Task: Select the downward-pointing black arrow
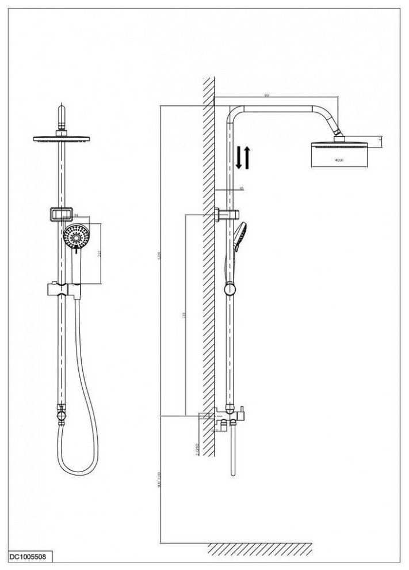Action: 239,158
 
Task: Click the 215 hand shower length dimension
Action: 101,253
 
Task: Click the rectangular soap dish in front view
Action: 59,215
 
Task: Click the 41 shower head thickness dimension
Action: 381,139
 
